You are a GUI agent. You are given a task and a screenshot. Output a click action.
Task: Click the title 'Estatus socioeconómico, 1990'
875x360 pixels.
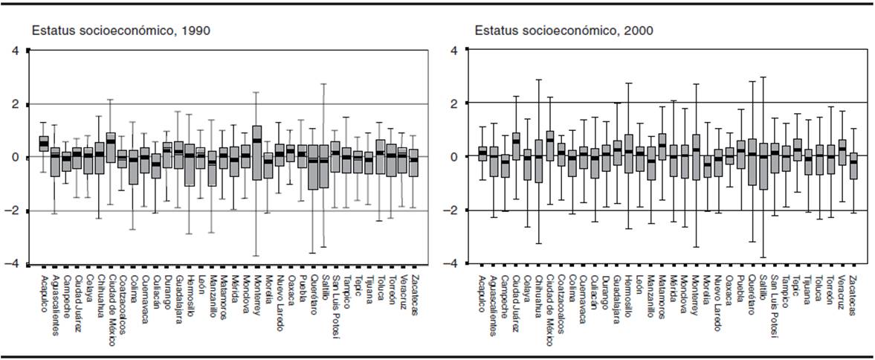(120, 31)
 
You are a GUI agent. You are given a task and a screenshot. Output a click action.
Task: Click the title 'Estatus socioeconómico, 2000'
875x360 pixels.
(564, 31)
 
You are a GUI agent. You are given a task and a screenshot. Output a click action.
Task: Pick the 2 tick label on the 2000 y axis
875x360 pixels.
(456, 103)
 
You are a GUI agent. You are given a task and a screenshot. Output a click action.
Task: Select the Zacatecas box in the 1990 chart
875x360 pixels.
(413, 163)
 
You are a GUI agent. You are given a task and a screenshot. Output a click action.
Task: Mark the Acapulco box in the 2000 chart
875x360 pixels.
(482, 152)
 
